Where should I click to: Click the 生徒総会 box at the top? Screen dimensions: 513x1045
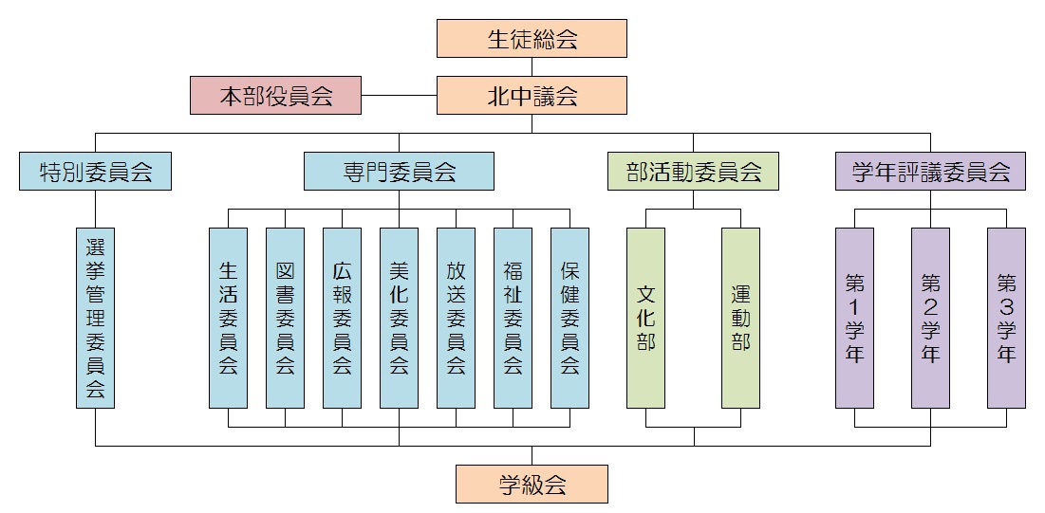tap(532, 39)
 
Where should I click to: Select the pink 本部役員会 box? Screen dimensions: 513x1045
tap(275, 96)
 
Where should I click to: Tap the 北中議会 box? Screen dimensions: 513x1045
tap(532, 96)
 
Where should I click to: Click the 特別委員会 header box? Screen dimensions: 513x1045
tap(95, 172)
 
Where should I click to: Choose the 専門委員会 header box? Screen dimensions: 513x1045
tap(399, 172)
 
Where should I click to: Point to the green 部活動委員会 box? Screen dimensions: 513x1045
tap(693, 172)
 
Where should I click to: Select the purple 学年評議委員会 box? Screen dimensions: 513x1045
tap(930, 172)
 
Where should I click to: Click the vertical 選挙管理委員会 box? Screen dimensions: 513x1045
tap(95, 318)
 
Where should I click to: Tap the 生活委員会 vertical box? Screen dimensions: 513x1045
tap(228, 318)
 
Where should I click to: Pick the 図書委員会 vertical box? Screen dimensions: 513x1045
tap(285, 318)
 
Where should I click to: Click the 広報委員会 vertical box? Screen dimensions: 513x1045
tap(342, 318)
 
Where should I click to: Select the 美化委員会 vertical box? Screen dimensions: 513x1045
tap(399, 318)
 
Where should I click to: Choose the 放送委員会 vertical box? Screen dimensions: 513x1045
tap(456, 318)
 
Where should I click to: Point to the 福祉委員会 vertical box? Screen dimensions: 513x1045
tap(513, 318)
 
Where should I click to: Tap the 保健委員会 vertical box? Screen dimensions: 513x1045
tap(569, 318)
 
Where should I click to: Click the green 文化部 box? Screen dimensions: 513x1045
tap(645, 318)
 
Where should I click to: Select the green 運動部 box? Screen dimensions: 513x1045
tap(740, 318)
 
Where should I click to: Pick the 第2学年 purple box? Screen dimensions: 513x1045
tap(930, 318)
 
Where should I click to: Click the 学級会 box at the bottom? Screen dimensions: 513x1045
tap(532, 484)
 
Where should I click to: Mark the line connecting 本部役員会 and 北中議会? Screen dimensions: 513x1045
tap(399, 96)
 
